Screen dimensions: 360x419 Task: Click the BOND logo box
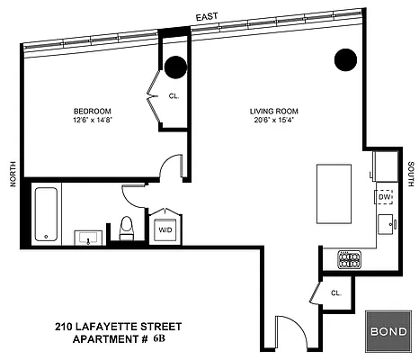[387, 330]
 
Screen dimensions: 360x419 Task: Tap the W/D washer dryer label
[165, 229]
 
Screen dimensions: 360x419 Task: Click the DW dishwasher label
[384, 196]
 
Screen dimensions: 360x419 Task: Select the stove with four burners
[349, 259]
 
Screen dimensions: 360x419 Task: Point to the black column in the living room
[346, 60]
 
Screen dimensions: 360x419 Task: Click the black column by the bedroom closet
[174, 66]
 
